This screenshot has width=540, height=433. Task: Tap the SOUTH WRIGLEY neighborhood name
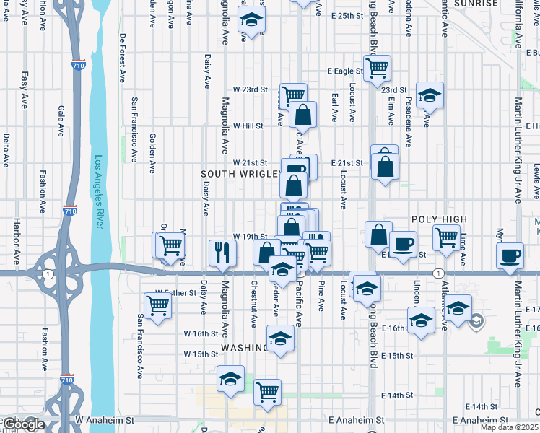[x=240, y=174]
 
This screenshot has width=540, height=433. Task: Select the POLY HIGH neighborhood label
[x=440, y=219]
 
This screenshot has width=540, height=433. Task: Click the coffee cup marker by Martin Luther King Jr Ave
[x=510, y=255]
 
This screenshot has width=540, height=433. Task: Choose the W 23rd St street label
[x=249, y=90]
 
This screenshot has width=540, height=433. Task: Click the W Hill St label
[x=248, y=126]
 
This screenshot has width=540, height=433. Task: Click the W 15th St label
[x=201, y=354]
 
